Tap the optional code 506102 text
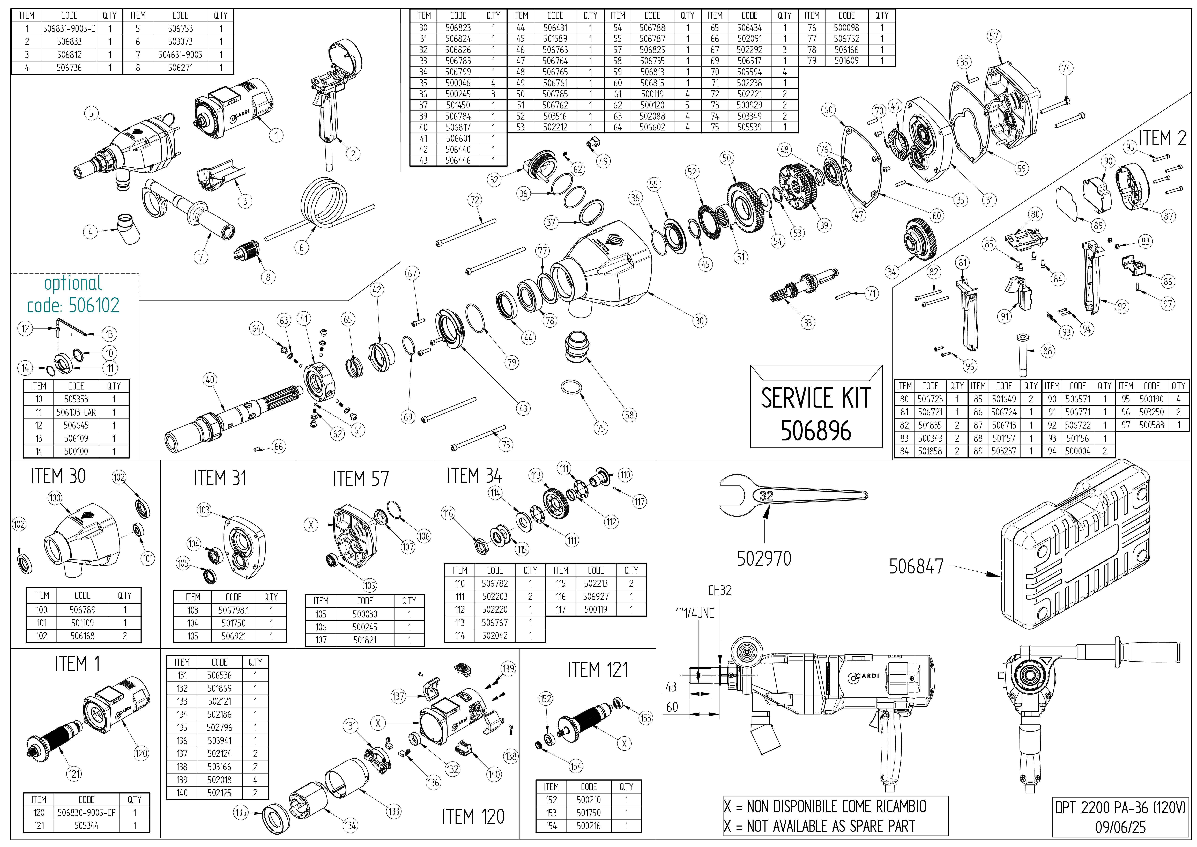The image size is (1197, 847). point(73,305)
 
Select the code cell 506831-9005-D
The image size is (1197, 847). point(69,29)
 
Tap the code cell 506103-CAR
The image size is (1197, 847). point(76,412)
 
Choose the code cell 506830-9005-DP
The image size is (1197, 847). point(87,813)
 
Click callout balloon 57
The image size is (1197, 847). point(994,36)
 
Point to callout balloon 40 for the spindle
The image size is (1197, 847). point(210,380)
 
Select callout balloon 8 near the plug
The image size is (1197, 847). point(268,277)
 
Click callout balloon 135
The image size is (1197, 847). point(240,813)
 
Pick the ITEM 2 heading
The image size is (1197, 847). point(1162,139)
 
